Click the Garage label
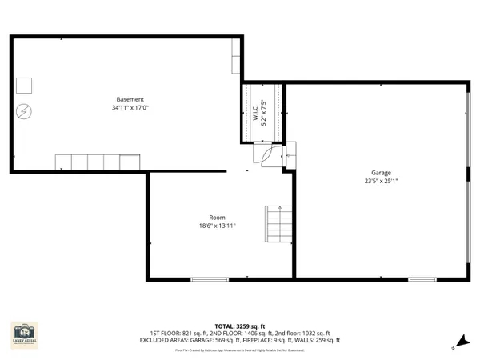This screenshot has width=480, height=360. click(380, 172)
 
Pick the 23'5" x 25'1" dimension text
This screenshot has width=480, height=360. click(380, 181)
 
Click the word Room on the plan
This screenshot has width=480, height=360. click(217, 217)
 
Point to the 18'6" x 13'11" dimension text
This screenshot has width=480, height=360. click(217, 226)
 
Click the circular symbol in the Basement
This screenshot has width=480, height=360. click(25, 110)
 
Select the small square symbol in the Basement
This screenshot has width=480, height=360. click(25, 84)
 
